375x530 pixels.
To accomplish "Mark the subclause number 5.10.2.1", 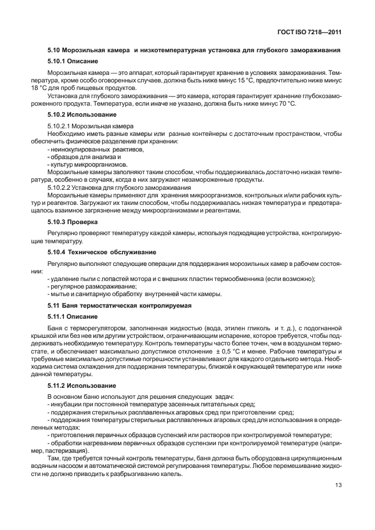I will click(62, 126).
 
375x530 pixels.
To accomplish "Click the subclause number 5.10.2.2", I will click(62, 188).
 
